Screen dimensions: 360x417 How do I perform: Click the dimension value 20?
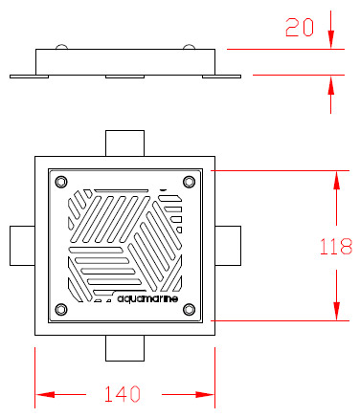(x=300, y=28)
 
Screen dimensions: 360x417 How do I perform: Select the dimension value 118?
(x=336, y=247)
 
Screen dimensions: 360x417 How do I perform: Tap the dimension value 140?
(x=123, y=394)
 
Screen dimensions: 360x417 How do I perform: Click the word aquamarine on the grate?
(x=147, y=298)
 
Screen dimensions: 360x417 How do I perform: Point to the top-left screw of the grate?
(x=61, y=182)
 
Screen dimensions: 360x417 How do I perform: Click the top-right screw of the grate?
(x=189, y=182)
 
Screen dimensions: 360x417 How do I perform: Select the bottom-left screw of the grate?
(x=61, y=309)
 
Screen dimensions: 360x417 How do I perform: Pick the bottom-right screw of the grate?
(x=189, y=309)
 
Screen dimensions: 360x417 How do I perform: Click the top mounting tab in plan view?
(x=124, y=143)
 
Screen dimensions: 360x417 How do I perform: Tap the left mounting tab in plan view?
(x=22, y=246)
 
